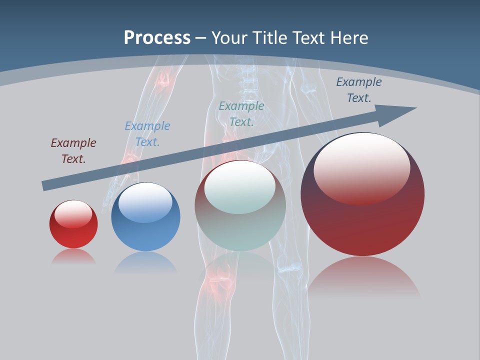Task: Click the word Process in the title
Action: click(x=157, y=37)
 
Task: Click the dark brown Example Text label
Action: click(x=73, y=150)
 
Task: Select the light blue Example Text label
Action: click(x=147, y=133)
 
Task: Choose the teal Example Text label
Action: click(x=241, y=113)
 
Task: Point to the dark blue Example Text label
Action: click(x=358, y=90)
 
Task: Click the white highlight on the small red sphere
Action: click(x=73, y=213)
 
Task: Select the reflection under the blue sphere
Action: click(x=145, y=262)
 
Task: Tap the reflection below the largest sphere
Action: click(x=363, y=277)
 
